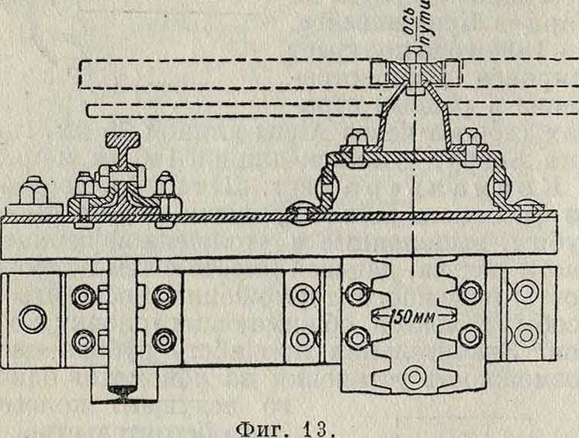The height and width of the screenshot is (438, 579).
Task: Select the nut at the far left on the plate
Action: coord(33,191)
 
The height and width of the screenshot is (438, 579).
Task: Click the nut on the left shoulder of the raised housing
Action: coord(358,141)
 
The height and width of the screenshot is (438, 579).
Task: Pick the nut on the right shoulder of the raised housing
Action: coord(470,141)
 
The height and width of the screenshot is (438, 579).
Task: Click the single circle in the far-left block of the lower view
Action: coord(32,318)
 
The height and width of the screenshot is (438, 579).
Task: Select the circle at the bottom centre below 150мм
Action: coord(414,377)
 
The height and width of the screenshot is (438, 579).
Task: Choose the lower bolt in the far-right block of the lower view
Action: coord(528,335)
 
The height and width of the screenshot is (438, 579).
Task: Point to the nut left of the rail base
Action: coord(85,187)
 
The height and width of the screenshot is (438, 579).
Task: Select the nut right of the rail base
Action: coord(165,187)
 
